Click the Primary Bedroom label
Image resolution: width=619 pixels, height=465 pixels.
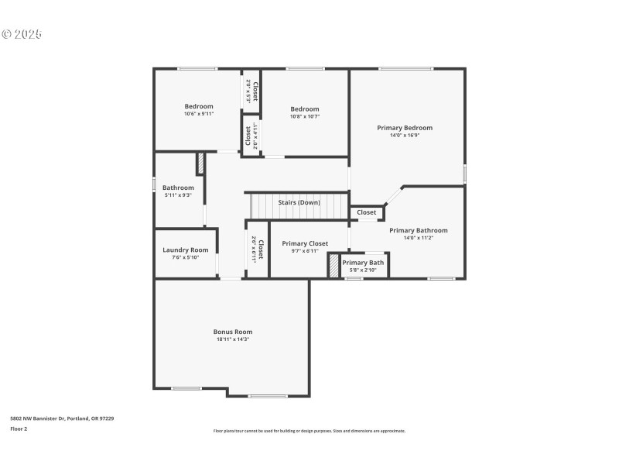405,128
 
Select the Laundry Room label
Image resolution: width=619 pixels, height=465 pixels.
185,250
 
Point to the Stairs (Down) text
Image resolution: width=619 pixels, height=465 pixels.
299,202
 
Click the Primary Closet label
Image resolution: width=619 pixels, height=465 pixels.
304,243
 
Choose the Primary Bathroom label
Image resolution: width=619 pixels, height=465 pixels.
418,230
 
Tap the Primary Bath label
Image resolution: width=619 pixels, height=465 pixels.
363,263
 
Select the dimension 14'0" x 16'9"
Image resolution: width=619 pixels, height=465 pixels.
405,136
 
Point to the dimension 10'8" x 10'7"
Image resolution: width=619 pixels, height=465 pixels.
304,116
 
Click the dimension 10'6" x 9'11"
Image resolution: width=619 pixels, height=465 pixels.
198,114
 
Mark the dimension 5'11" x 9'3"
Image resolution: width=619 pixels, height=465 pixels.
178,195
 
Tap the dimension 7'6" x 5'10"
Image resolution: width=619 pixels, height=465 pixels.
185,257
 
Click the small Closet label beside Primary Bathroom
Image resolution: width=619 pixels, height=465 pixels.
367,212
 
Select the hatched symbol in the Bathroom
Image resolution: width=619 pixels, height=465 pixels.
200,164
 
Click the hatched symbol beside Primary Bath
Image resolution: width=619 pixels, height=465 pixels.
334,266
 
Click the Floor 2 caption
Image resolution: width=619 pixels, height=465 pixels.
19,429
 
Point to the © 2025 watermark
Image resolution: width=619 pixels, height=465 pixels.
22,34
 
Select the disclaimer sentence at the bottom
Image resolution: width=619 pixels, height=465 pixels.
309,431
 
